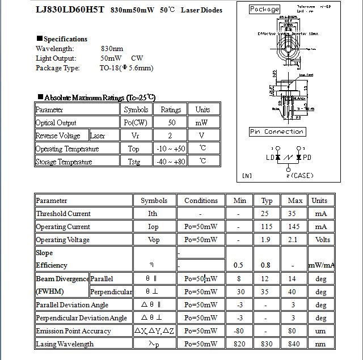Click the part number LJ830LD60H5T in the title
pyautogui.click(x=69, y=10)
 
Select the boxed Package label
pyautogui.click(x=265, y=9)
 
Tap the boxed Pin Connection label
pyautogui.click(x=277, y=132)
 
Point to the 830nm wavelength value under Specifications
pyautogui.click(x=112, y=49)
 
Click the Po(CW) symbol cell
pyautogui.click(x=136, y=122)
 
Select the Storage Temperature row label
pyautogui.click(x=64, y=162)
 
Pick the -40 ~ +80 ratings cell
pyautogui.click(x=171, y=162)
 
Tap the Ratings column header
pyautogui.click(x=171, y=109)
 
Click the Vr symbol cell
pyautogui.click(x=136, y=135)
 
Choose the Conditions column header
pyautogui.click(x=201, y=200)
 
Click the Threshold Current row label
pyautogui.click(x=63, y=214)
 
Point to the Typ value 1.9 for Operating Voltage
pyautogui.click(x=267, y=240)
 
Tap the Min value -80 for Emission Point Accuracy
pyautogui.click(x=238, y=331)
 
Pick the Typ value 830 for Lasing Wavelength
pyautogui.click(x=267, y=344)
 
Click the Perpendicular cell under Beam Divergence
pyautogui.click(x=111, y=292)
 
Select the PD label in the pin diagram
pyautogui.click(x=307, y=157)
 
